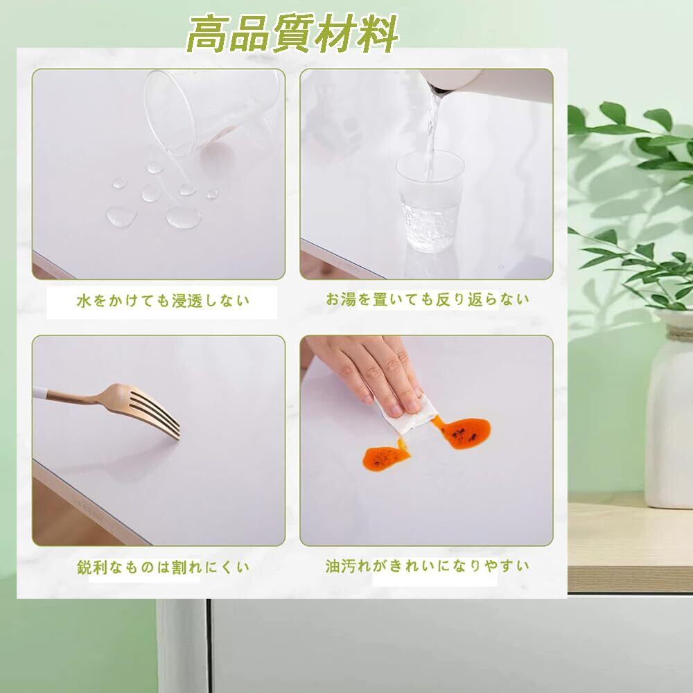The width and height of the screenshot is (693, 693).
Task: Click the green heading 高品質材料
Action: [x=292, y=33]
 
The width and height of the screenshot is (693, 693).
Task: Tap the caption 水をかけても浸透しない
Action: [x=163, y=301]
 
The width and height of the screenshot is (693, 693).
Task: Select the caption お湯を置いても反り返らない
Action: [x=428, y=299]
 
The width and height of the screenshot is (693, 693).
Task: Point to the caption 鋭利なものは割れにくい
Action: [x=163, y=567]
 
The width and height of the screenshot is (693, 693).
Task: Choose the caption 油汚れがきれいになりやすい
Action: [x=428, y=566]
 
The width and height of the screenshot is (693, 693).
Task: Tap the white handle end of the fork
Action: [x=40, y=392]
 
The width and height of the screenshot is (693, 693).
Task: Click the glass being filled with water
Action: [x=430, y=202]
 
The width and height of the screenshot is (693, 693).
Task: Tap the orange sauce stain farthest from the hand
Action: [x=385, y=457]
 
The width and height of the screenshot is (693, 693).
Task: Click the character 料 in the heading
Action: [x=377, y=33]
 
